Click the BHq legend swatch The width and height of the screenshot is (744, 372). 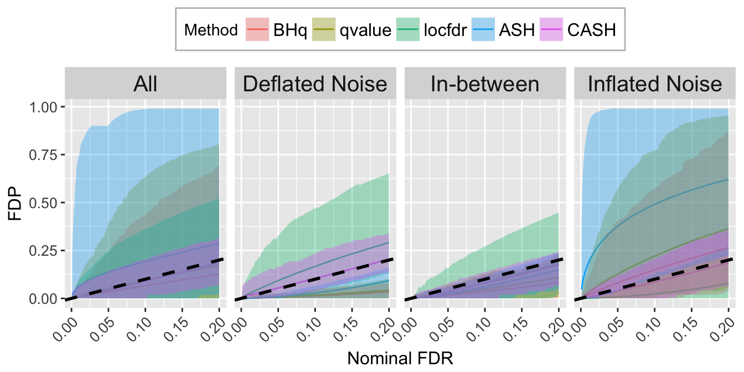point(257,29)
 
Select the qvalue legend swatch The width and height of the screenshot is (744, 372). point(324,29)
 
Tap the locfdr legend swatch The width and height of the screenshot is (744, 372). point(408,29)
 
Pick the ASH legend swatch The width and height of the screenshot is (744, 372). point(483,29)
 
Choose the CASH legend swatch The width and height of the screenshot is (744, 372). point(551,29)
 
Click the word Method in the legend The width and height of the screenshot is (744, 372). point(211,30)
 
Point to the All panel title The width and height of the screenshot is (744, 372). point(146,84)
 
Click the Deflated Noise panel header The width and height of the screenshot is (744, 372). point(315,84)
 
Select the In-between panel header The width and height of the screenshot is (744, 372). point(485,84)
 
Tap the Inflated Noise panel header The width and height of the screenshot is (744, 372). point(655,84)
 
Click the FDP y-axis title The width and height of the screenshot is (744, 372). point(15,203)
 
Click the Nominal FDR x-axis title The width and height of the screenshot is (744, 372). point(400,358)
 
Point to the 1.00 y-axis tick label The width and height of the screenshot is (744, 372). point(43,107)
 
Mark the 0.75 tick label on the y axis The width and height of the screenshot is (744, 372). point(43,155)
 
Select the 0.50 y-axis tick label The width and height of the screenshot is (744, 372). point(43,203)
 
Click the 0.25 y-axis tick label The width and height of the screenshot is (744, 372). point(43,251)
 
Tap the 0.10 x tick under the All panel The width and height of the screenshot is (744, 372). point(140,329)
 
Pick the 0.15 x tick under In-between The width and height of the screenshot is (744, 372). point(516,329)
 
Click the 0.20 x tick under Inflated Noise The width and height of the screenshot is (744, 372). point(723,329)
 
